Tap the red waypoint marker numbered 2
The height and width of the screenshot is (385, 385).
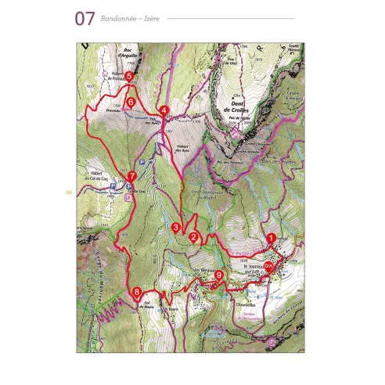point(193,233)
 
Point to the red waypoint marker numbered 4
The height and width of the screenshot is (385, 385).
point(164,110)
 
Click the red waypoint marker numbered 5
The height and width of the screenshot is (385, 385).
point(129,75)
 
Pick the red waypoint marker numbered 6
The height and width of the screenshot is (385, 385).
point(131,101)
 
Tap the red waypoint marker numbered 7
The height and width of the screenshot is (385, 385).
point(133,176)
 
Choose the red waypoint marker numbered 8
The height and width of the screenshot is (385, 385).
point(137,293)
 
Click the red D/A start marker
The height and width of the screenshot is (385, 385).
point(268,266)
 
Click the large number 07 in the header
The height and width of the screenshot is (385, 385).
point(85,18)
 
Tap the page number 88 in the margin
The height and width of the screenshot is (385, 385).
point(70,192)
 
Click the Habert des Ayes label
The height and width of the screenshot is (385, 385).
point(180,149)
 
